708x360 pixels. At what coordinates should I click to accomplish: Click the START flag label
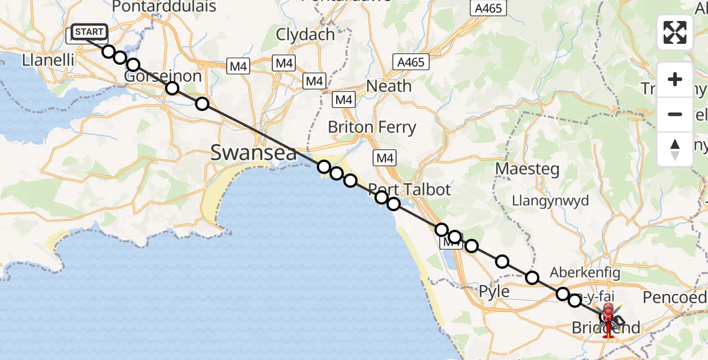[89, 31]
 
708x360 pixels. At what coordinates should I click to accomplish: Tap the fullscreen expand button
[675, 32]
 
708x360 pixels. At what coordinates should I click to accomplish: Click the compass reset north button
[675, 149]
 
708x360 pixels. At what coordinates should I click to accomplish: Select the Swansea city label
[253, 153]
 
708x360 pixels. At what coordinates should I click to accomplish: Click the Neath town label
[389, 86]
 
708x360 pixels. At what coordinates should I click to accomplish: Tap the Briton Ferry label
[371, 127]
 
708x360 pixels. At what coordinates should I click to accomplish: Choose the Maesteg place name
[527, 169]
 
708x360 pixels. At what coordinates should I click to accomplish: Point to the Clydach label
[305, 34]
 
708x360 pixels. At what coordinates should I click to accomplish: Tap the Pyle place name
[494, 292]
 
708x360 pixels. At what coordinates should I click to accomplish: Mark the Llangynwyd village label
[550, 201]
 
